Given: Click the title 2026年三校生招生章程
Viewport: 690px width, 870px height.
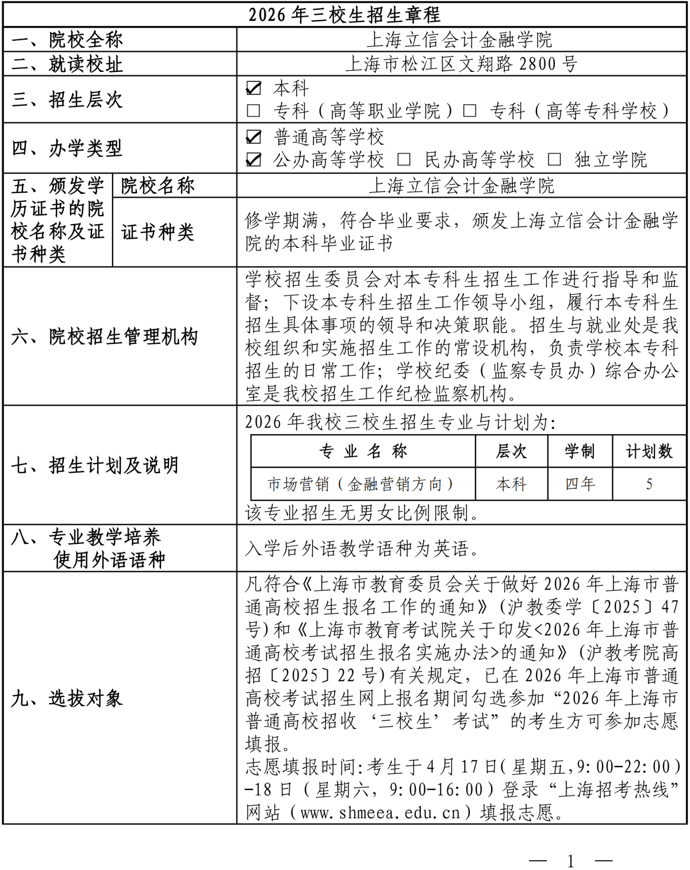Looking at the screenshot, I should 344,14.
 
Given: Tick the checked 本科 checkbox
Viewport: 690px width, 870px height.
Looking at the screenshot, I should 254,88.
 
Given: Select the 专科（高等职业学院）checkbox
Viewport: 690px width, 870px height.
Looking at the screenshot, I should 253,110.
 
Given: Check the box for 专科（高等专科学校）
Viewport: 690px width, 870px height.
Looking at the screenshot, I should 470,110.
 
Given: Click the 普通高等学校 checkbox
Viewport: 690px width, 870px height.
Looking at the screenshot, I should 254,137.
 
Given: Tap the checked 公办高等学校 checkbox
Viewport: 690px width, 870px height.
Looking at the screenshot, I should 254,159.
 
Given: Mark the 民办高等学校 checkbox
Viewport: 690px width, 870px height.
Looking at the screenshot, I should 404,159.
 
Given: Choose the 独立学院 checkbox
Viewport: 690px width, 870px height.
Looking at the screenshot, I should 554,159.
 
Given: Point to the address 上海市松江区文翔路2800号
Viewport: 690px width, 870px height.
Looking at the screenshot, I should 461,64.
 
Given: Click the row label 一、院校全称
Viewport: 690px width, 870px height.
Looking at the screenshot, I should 67,40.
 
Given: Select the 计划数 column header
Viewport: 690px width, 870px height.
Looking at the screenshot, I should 649,451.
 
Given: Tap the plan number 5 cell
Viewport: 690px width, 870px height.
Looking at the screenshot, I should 649,484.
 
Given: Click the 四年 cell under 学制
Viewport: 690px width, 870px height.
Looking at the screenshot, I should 580,484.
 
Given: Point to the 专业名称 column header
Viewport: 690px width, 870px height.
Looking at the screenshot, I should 363,451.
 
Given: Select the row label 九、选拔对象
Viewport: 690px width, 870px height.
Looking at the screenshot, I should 67,698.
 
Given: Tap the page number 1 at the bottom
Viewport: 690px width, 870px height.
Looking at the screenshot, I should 570,861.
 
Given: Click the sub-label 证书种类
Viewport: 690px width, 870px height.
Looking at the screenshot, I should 158,232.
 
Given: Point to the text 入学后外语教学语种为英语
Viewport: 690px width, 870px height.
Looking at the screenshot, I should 362,549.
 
